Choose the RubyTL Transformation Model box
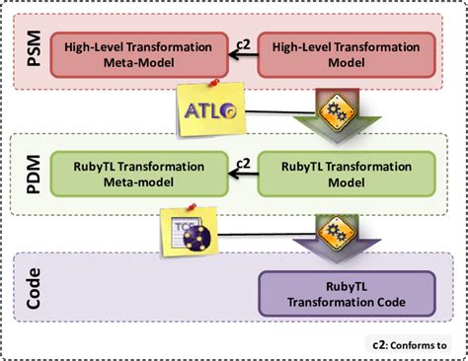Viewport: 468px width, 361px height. click(x=345, y=172)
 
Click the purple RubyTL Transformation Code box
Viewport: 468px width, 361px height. click(x=345, y=293)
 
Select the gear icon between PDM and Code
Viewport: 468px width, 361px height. click(x=329, y=229)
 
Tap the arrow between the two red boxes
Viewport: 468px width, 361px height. click(x=238, y=55)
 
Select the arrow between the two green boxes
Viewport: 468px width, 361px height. click(x=238, y=173)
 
